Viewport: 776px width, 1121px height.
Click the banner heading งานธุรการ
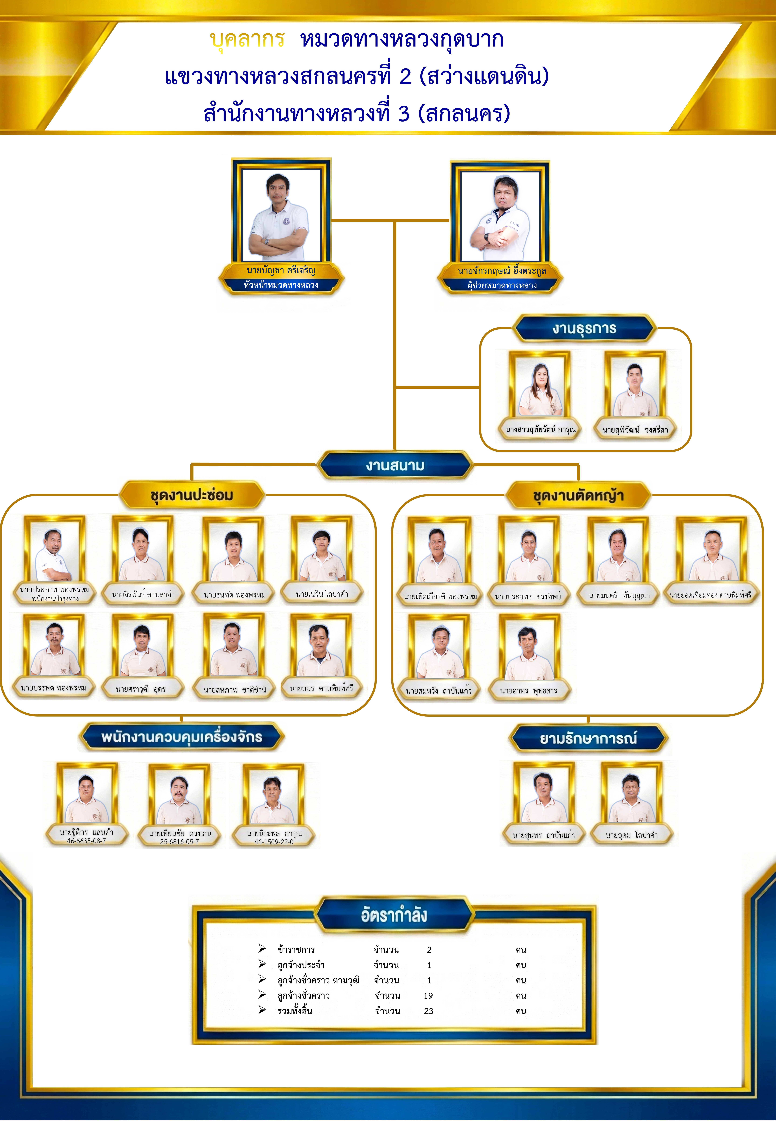(x=584, y=329)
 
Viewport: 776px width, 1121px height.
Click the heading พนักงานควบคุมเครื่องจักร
(x=181, y=737)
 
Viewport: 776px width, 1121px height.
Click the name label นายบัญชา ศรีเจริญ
(x=280, y=271)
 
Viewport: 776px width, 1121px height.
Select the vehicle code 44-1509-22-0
(x=274, y=842)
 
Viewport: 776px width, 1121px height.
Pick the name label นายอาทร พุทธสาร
(x=529, y=691)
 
